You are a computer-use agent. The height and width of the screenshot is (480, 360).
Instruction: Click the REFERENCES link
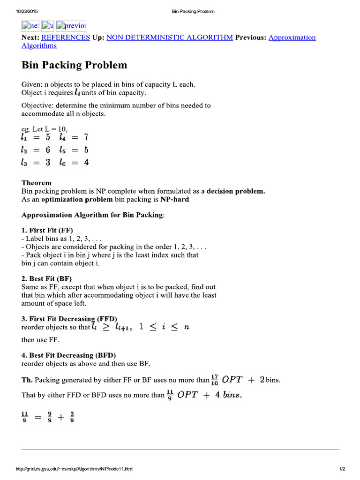(66, 37)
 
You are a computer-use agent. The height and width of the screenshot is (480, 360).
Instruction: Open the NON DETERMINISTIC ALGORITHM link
(170, 37)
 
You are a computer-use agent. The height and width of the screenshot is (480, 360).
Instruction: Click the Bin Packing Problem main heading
(75, 65)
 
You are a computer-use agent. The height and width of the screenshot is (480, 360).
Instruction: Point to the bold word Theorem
(37, 183)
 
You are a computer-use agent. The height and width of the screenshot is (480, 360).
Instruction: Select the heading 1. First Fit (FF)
(47, 230)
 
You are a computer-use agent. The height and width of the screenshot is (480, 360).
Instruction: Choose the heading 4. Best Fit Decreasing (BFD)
(69, 355)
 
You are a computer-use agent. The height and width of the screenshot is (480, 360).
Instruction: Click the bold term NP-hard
(175, 200)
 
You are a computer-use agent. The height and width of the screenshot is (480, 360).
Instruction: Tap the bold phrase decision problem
(236, 191)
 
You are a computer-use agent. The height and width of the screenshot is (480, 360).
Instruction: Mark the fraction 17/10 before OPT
(215, 380)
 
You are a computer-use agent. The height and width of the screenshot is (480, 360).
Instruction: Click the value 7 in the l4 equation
(86, 137)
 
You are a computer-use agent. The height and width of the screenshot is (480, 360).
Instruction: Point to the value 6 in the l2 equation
(47, 150)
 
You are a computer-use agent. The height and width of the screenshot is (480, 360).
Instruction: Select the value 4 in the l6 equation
(86, 163)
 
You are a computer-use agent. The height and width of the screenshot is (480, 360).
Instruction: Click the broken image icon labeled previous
(70, 26)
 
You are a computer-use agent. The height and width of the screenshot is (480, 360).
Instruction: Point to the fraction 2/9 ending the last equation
(72, 416)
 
